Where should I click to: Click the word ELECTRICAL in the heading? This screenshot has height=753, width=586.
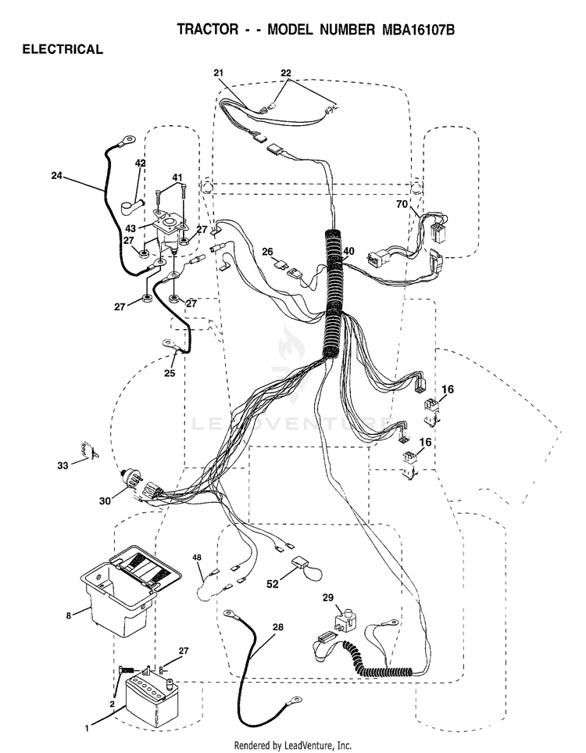pyautogui.click(x=63, y=49)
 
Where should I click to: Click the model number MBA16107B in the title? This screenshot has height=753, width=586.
pyautogui.click(x=418, y=30)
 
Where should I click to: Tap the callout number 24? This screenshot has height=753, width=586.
pyautogui.click(x=56, y=176)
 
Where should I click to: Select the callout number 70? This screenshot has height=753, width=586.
pyautogui.click(x=402, y=204)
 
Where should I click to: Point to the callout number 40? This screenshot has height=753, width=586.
pyautogui.click(x=349, y=251)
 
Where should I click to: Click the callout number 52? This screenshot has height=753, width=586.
pyautogui.click(x=273, y=583)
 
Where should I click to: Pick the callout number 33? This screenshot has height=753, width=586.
pyautogui.click(x=63, y=465)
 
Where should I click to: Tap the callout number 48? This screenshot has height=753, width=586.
pyautogui.click(x=197, y=558)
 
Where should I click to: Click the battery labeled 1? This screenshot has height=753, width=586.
pyautogui.click(x=151, y=697)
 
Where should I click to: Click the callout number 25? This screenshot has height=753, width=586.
pyautogui.click(x=170, y=373)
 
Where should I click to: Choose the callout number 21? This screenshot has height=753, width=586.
pyautogui.click(x=219, y=73)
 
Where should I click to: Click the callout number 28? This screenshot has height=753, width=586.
pyautogui.click(x=277, y=626)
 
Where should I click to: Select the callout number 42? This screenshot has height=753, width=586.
pyautogui.click(x=140, y=163)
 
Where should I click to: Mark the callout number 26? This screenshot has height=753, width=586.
pyautogui.click(x=267, y=252)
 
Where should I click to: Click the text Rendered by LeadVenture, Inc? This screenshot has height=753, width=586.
pyautogui.click(x=293, y=745)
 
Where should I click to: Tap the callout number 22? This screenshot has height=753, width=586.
pyautogui.click(x=285, y=73)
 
